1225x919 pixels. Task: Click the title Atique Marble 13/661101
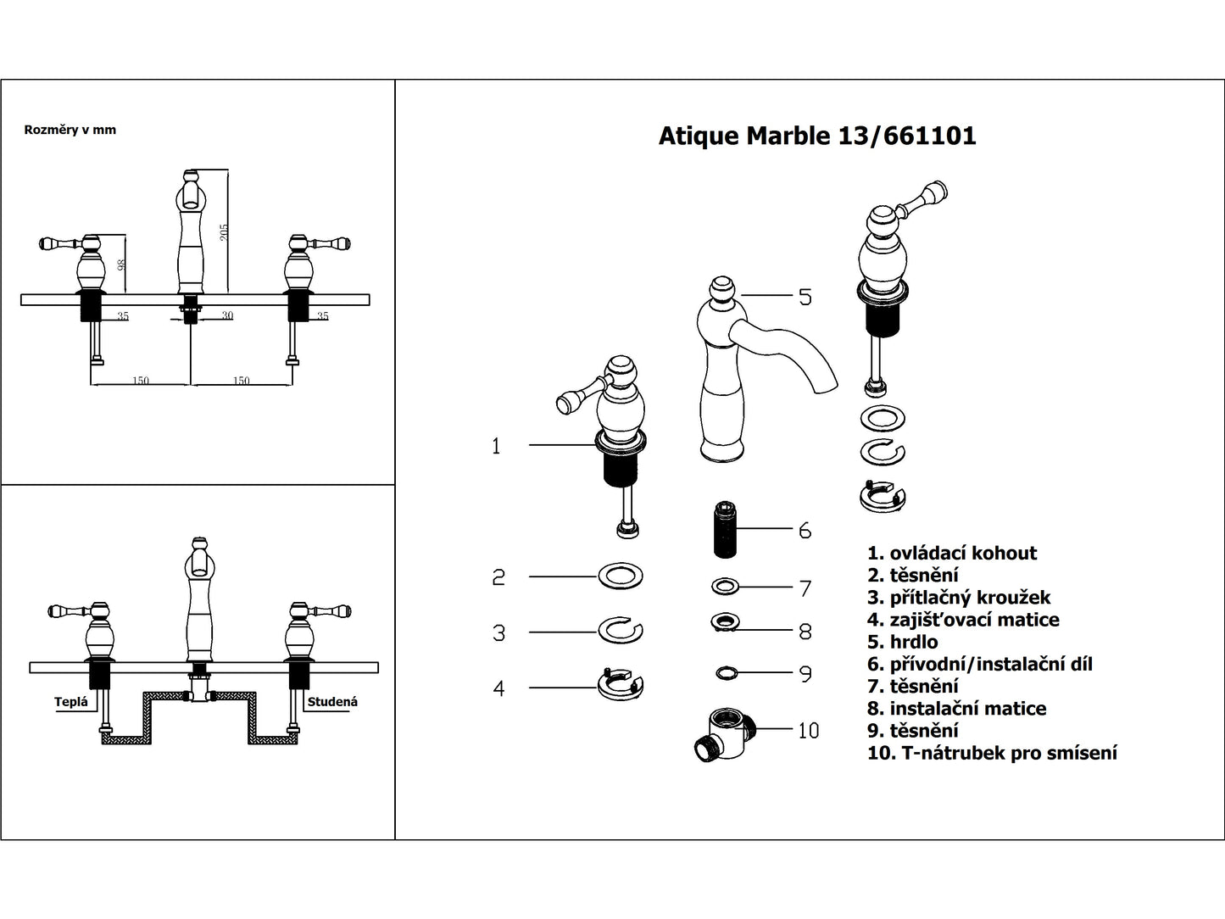tap(816, 136)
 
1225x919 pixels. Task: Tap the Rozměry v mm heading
tap(70, 130)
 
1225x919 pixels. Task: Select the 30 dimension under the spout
tap(227, 315)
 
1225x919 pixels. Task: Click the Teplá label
tap(71, 702)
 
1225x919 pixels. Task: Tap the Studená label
tap(332, 702)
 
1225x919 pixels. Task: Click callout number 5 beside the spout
tap(805, 297)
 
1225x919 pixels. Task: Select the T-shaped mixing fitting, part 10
tap(722, 732)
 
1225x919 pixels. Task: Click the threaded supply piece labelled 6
tap(723, 530)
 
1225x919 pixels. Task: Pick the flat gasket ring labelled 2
tap(621, 576)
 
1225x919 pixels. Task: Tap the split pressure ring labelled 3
tap(621, 631)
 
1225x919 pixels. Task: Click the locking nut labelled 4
tap(621, 685)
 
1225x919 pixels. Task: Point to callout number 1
tap(496, 446)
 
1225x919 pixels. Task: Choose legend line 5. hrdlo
tap(902, 642)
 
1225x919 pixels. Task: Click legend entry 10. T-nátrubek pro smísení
tap(992, 752)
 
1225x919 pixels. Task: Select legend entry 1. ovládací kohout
tap(952, 554)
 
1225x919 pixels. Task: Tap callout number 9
tap(805, 674)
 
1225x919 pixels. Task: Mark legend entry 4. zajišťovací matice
tap(963, 620)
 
